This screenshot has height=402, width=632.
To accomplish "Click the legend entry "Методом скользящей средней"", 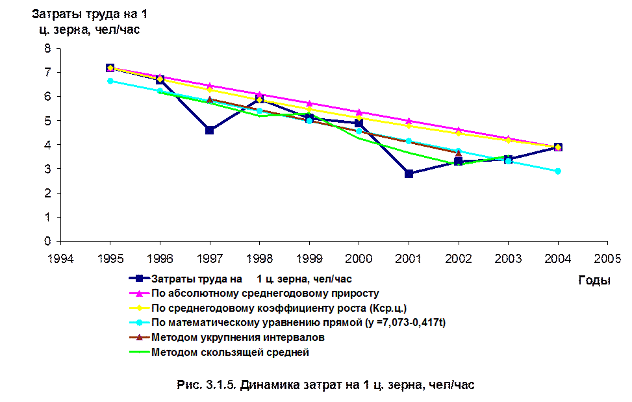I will [229, 353].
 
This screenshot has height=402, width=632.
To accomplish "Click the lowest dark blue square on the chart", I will [409, 173].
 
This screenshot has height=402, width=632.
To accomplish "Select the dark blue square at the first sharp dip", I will [209, 131].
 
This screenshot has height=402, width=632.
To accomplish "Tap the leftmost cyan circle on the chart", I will [110, 81].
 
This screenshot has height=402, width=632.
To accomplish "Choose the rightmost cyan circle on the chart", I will [557, 171].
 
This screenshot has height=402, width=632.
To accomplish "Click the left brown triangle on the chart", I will [210, 100].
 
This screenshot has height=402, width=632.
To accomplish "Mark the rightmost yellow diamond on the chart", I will [557, 148].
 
